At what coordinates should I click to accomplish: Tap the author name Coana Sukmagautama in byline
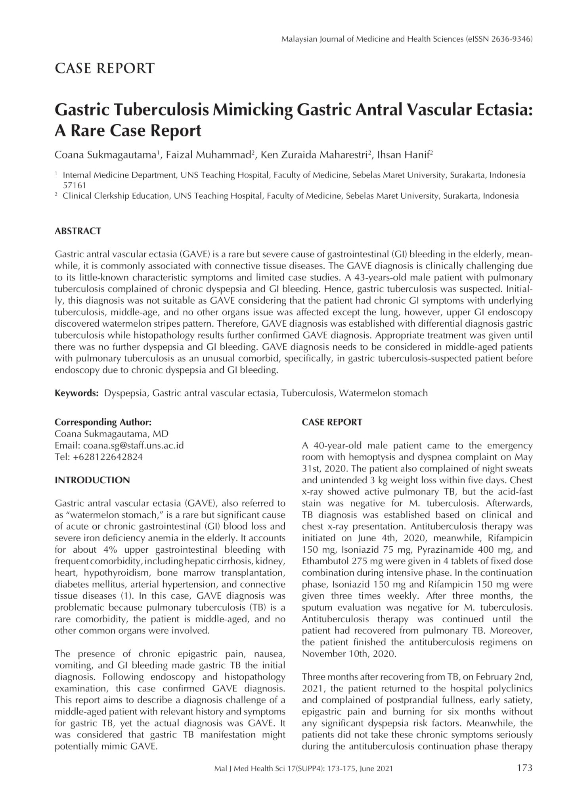104,155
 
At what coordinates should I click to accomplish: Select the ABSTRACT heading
78,231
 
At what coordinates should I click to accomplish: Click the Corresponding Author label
103,422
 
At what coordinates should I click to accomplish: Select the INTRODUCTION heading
92,480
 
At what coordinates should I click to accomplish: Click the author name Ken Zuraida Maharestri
313,155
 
